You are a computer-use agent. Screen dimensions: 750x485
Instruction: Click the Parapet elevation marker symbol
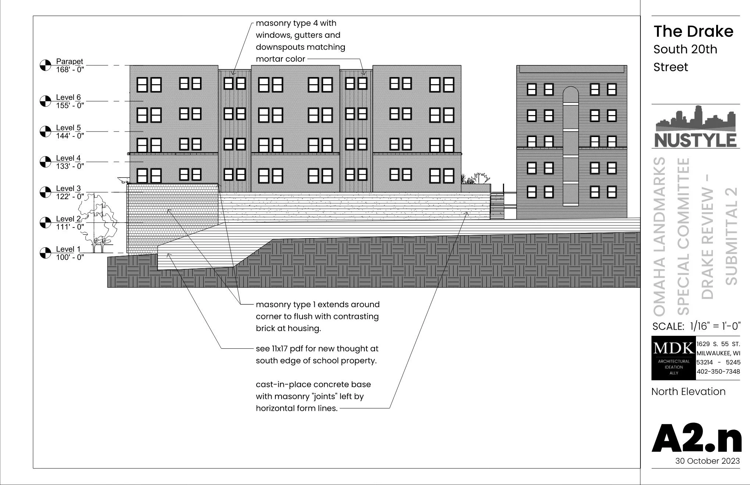click(45, 65)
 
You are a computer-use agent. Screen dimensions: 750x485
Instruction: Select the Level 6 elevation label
click(68, 97)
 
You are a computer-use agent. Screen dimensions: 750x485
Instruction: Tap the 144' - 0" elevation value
click(70, 136)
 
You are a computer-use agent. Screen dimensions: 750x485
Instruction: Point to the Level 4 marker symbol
click(45, 162)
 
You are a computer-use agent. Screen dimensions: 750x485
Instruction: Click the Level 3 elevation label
click(68, 188)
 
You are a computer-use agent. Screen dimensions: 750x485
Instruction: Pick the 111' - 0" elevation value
click(70, 227)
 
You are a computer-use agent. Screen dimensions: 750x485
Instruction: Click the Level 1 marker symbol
click(45, 253)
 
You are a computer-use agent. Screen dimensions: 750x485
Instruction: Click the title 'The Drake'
click(693, 32)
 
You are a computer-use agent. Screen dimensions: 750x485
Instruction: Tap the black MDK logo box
click(674, 358)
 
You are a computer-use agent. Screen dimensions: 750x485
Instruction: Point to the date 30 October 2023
click(707, 461)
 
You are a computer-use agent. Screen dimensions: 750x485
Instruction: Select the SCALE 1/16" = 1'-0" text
click(696, 326)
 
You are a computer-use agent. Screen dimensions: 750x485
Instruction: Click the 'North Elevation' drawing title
click(688, 392)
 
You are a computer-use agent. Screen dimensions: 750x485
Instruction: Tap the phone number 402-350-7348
click(718, 371)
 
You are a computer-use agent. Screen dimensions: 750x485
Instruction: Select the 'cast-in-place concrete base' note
click(313, 396)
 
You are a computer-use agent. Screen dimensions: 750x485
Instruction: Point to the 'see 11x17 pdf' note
click(317, 355)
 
